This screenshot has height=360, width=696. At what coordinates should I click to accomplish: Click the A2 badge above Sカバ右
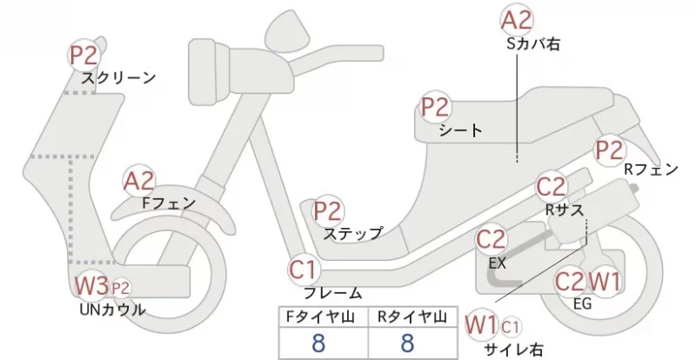point(517,19)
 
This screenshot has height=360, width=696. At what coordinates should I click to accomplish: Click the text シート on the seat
point(461,130)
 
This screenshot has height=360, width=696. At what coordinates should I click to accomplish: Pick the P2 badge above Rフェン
point(610,149)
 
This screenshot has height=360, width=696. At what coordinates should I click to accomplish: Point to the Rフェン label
point(651,170)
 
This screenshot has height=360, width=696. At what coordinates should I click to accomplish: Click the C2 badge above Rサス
point(552,186)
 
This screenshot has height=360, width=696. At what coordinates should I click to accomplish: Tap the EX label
point(497,262)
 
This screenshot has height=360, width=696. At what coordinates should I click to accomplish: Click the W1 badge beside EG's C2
point(605,281)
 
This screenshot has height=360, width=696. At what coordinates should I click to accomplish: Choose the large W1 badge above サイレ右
point(480,324)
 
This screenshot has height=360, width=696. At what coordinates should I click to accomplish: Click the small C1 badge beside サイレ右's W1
point(511,326)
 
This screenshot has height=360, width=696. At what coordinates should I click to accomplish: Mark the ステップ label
point(352,233)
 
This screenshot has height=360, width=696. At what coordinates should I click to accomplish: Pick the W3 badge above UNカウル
point(90,284)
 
